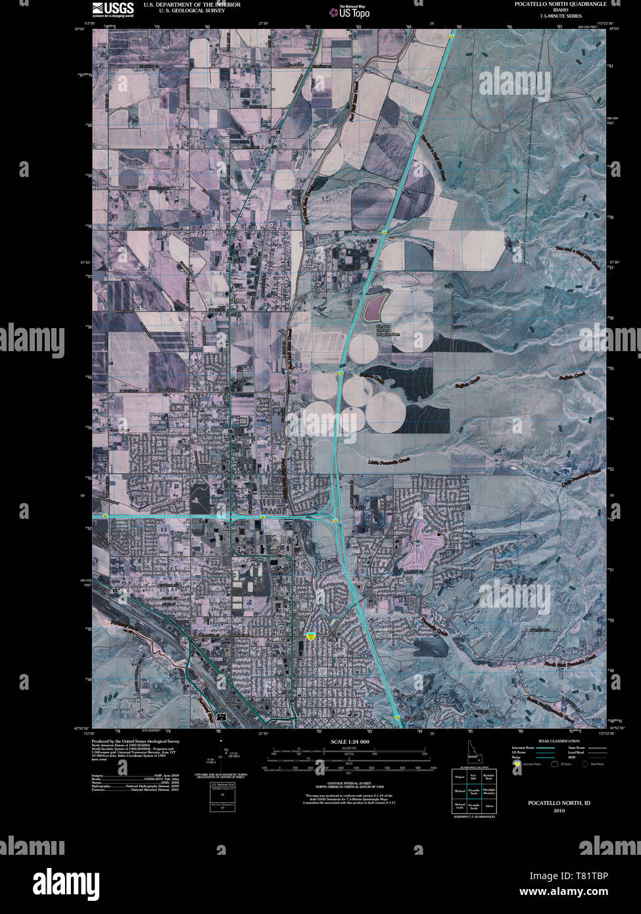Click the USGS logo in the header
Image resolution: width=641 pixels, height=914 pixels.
coord(113,9)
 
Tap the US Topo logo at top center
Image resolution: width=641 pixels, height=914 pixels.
coord(354,11)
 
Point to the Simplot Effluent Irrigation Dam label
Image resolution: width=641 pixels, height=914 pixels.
coord(387,330)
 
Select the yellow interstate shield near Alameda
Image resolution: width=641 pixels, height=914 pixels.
coord(312,635)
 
